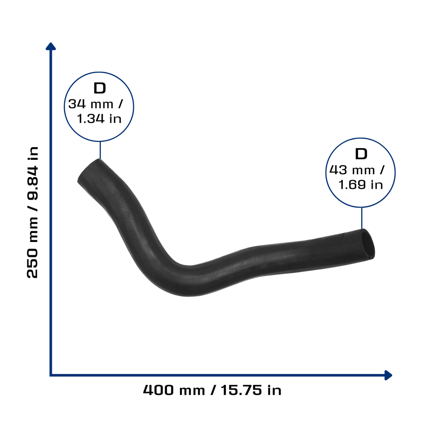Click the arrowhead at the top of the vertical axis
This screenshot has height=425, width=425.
(51, 46)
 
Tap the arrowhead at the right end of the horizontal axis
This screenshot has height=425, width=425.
(388, 375)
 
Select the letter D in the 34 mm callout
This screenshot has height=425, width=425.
(100, 88)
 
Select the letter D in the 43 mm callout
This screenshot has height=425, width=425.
(361, 154)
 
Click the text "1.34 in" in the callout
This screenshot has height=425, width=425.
(99, 119)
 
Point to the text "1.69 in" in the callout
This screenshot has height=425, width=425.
(361, 185)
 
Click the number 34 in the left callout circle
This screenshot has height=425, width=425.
(77, 104)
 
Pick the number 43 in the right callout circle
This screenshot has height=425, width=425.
(338, 170)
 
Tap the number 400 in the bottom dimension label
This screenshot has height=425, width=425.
(158, 390)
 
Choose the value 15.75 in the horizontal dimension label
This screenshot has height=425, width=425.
(242, 390)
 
